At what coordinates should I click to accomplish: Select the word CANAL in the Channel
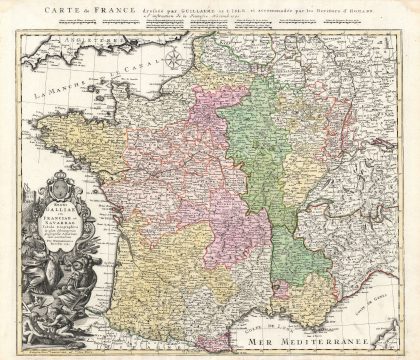[x=146, y=73]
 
